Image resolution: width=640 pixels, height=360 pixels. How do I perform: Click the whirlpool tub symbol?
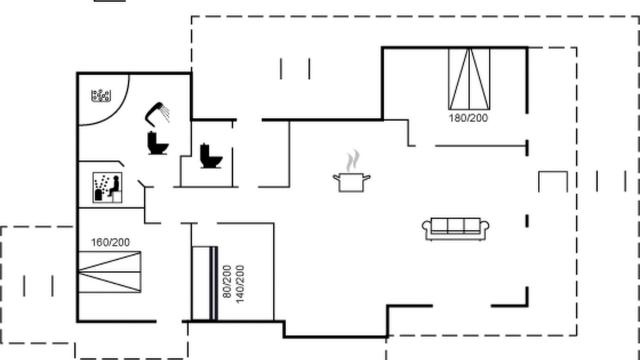click(x=101, y=95)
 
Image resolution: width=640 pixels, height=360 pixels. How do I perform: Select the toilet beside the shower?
click(x=157, y=143)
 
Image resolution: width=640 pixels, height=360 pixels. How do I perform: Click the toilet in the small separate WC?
click(x=211, y=155)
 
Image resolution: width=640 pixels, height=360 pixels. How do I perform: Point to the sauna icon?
click(x=107, y=187)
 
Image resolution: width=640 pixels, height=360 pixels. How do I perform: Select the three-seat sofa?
click(x=455, y=229)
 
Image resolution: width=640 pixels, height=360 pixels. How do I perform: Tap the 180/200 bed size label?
click(x=468, y=118)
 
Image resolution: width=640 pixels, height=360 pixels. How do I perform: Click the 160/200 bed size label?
click(x=110, y=242)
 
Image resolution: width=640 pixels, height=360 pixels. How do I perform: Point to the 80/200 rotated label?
click(x=226, y=281)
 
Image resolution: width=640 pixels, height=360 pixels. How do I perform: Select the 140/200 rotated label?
click(x=240, y=284)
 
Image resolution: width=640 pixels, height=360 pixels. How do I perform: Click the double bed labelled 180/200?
click(x=469, y=79)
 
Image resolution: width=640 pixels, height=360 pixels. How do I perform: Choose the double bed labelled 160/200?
click(x=109, y=272)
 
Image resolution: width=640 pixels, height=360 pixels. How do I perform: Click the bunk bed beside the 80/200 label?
click(x=205, y=283)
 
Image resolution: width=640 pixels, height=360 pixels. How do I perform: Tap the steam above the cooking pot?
click(x=353, y=160)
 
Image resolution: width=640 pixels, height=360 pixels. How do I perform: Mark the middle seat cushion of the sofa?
click(x=455, y=225)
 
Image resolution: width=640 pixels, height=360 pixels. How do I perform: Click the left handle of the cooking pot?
click(x=336, y=178)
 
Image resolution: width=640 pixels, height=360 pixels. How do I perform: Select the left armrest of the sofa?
click(x=426, y=226)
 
